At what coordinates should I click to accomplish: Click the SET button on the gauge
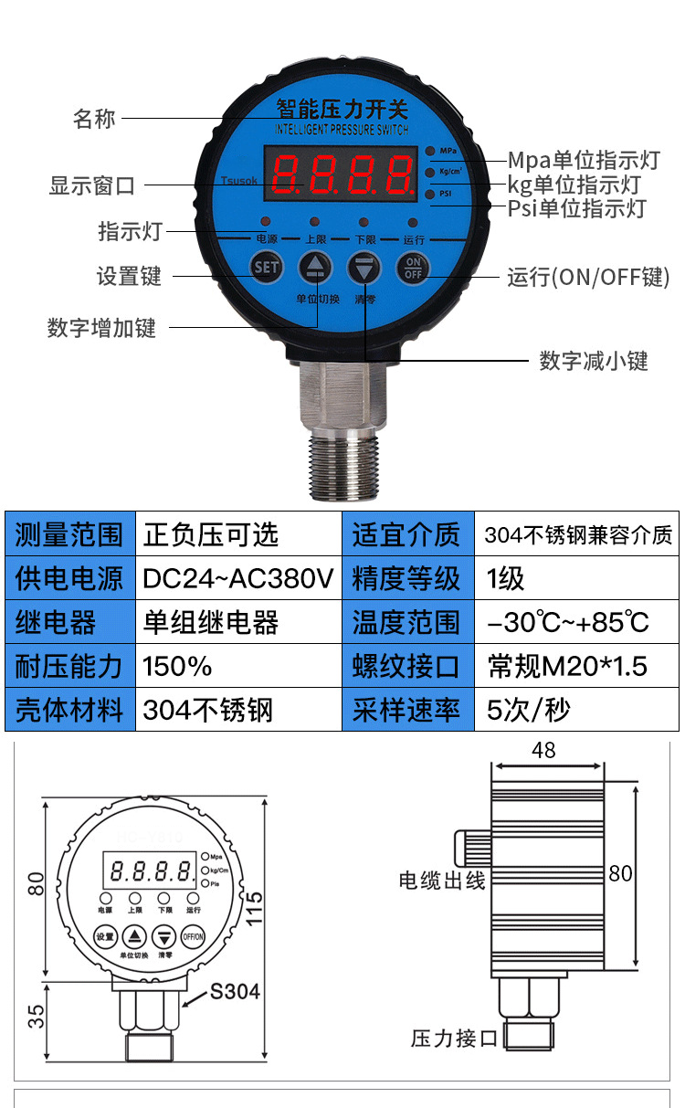coord(267,267)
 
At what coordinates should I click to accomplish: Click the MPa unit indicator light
coord(429,150)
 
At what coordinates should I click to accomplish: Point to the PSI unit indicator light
coord(429,194)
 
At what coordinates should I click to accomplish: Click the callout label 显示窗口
coord(91,186)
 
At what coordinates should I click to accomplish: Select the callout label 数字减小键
coord(593,361)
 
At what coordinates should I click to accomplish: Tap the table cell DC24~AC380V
coord(238,578)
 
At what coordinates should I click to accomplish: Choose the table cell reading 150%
coord(178,666)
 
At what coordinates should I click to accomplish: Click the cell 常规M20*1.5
coord(567,666)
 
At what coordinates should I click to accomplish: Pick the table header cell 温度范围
coord(406,622)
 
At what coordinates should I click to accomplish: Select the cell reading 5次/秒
coord(529,710)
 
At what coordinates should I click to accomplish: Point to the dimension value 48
coord(543,751)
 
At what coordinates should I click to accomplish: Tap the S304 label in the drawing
coord(235,991)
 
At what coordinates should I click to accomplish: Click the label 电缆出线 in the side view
coord(442,881)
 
